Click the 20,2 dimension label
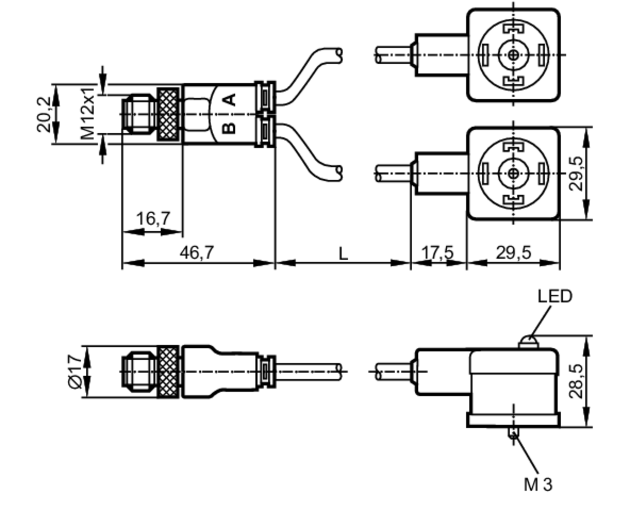43,114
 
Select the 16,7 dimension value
153,218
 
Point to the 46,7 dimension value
197,252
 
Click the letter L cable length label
343,253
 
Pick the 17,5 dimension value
438,253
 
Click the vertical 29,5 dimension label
576,173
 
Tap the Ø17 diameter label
75,372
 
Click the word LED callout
554,296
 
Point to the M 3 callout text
538,484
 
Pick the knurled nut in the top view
168,114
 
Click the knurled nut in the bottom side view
168,372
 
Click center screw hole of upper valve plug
513,55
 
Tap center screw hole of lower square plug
513,173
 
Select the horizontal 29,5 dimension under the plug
513,253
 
